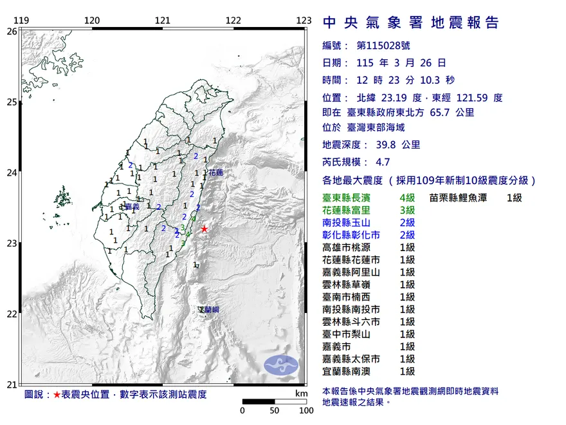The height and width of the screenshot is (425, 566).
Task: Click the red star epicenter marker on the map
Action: click(x=205, y=229)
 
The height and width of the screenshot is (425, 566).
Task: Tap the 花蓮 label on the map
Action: click(x=216, y=173)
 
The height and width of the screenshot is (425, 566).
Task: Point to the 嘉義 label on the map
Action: click(x=132, y=207)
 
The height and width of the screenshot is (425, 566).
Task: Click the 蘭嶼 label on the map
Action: click(x=210, y=310)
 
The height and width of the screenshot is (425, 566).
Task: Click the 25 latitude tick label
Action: click(x=12, y=102)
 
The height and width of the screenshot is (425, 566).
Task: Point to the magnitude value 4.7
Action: click(x=384, y=164)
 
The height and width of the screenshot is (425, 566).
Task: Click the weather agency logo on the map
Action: click(x=282, y=364)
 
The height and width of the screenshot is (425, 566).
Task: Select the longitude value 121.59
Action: click(x=476, y=99)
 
